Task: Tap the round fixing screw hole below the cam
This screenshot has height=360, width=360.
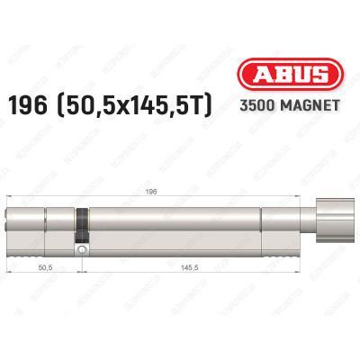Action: coord(83,249)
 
